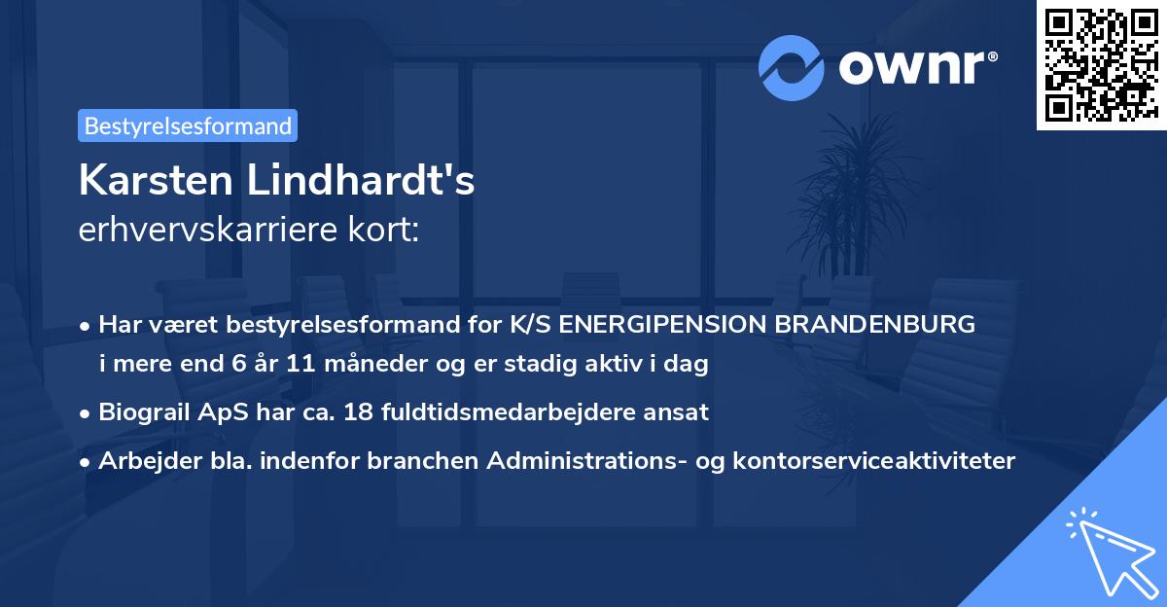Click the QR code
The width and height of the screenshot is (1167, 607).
[x=1099, y=64]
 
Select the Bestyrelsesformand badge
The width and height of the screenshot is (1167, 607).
[x=188, y=125]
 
